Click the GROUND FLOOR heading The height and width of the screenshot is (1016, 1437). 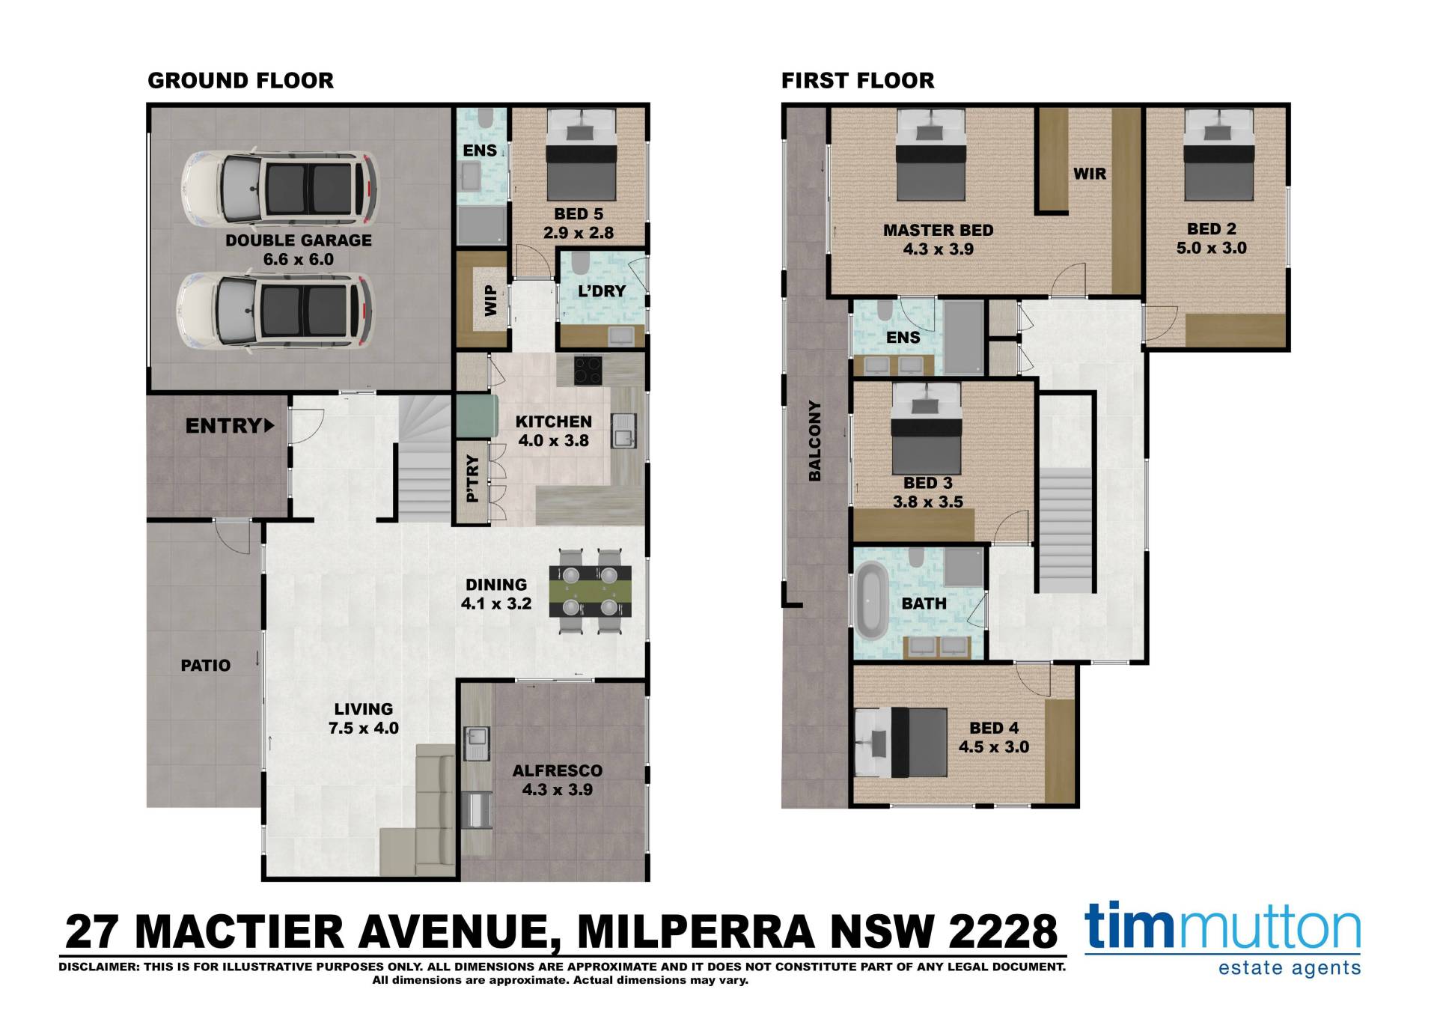coord(240,81)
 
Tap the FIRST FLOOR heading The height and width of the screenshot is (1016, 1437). coord(858,81)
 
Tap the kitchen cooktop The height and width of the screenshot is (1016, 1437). coord(589,370)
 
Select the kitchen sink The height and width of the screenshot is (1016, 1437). coord(623,432)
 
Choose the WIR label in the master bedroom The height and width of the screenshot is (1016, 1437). coord(1090,174)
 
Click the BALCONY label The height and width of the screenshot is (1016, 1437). coord(815,441)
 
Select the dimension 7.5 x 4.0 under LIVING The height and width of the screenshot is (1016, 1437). coord(364,728)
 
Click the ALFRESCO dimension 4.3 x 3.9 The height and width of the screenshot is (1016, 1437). coord(558,789)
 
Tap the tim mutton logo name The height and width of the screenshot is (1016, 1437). coord(1222,927)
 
